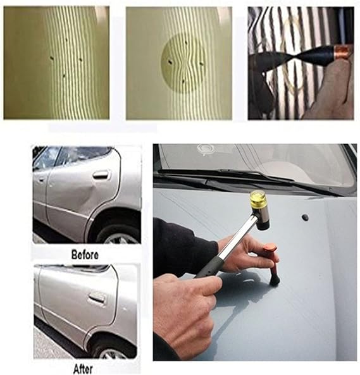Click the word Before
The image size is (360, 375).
pyautogui.click(x=85, y=255)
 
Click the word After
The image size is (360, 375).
pyautogui.click(x=84, y=369)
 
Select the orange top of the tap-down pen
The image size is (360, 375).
pyautogui.click(x=270, y=247)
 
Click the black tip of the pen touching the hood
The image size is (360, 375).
pyautogui.click(x=275, y=280)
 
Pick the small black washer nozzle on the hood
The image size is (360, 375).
pyautogui.click(x=305, y=217)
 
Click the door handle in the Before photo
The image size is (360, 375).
pyautogui.click(x=102, y=175)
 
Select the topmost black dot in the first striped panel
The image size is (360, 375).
pyautogui.click(x=66, y=39)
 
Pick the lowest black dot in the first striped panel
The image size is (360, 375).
pyautogui.click(x=64, y=76)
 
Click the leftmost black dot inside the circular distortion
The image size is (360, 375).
pyautogui.click(x=170, y=63)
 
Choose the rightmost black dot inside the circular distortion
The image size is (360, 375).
pyautogui.click(x=201, y=64)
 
